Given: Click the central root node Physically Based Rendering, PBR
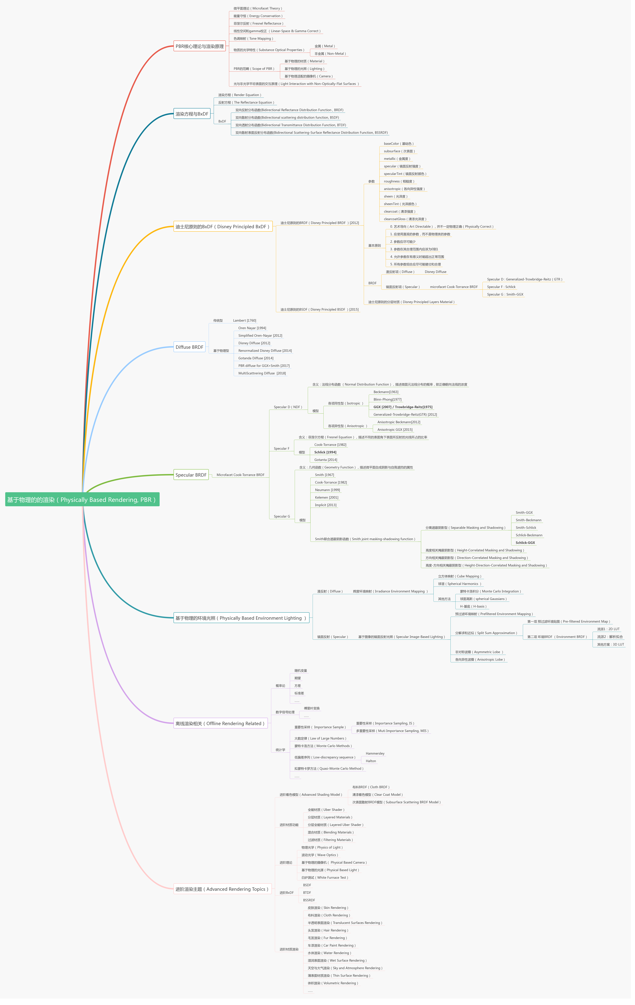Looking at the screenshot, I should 82,500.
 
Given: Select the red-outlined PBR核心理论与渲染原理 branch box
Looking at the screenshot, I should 199,46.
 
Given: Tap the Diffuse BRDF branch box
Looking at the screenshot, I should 189,347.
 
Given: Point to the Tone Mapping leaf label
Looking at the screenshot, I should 253,38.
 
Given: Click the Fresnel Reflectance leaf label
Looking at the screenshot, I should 258,23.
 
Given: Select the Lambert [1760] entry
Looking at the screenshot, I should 244,321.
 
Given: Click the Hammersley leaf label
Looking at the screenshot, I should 375,753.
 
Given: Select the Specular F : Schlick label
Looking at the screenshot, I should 501,287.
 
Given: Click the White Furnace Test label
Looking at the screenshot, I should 325,877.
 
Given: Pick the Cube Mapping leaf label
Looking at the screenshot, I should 459,576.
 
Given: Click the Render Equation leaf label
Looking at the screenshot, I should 239,95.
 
